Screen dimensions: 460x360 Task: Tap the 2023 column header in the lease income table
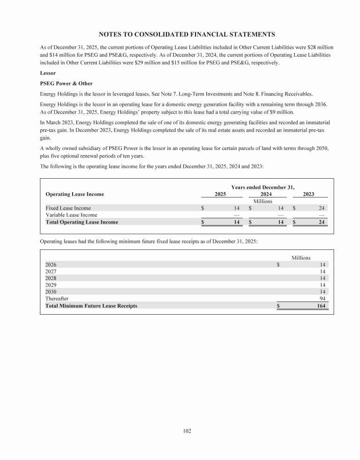(x=308, y=194)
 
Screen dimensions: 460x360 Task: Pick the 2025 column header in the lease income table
(x=220, y=194)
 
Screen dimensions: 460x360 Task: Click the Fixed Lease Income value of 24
(x=322, y=208)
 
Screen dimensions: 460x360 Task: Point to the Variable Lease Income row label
(x=71, y=215)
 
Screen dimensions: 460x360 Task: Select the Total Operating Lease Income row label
(x=82, y=222)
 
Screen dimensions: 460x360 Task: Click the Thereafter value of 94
(x=322, y=299)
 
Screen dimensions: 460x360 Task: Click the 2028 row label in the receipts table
(x=51, y=278)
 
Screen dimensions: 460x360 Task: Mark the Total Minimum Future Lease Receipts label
(x=91, y=306)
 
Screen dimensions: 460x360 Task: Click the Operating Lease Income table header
(x=75, y=194)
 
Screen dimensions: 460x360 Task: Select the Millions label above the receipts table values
(x=301, y=257)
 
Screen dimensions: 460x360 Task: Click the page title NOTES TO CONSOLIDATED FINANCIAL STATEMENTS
(x=187, y=34)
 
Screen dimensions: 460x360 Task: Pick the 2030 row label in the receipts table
(x=51, y=292)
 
